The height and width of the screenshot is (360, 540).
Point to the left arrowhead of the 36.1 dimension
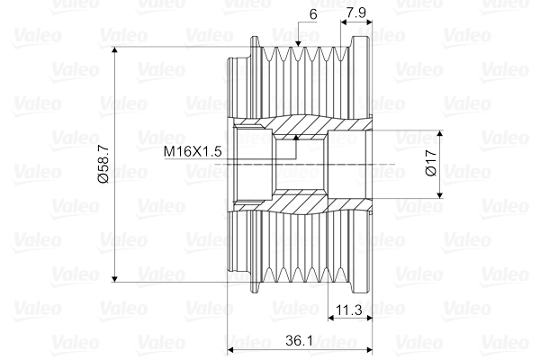pos(230,349)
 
